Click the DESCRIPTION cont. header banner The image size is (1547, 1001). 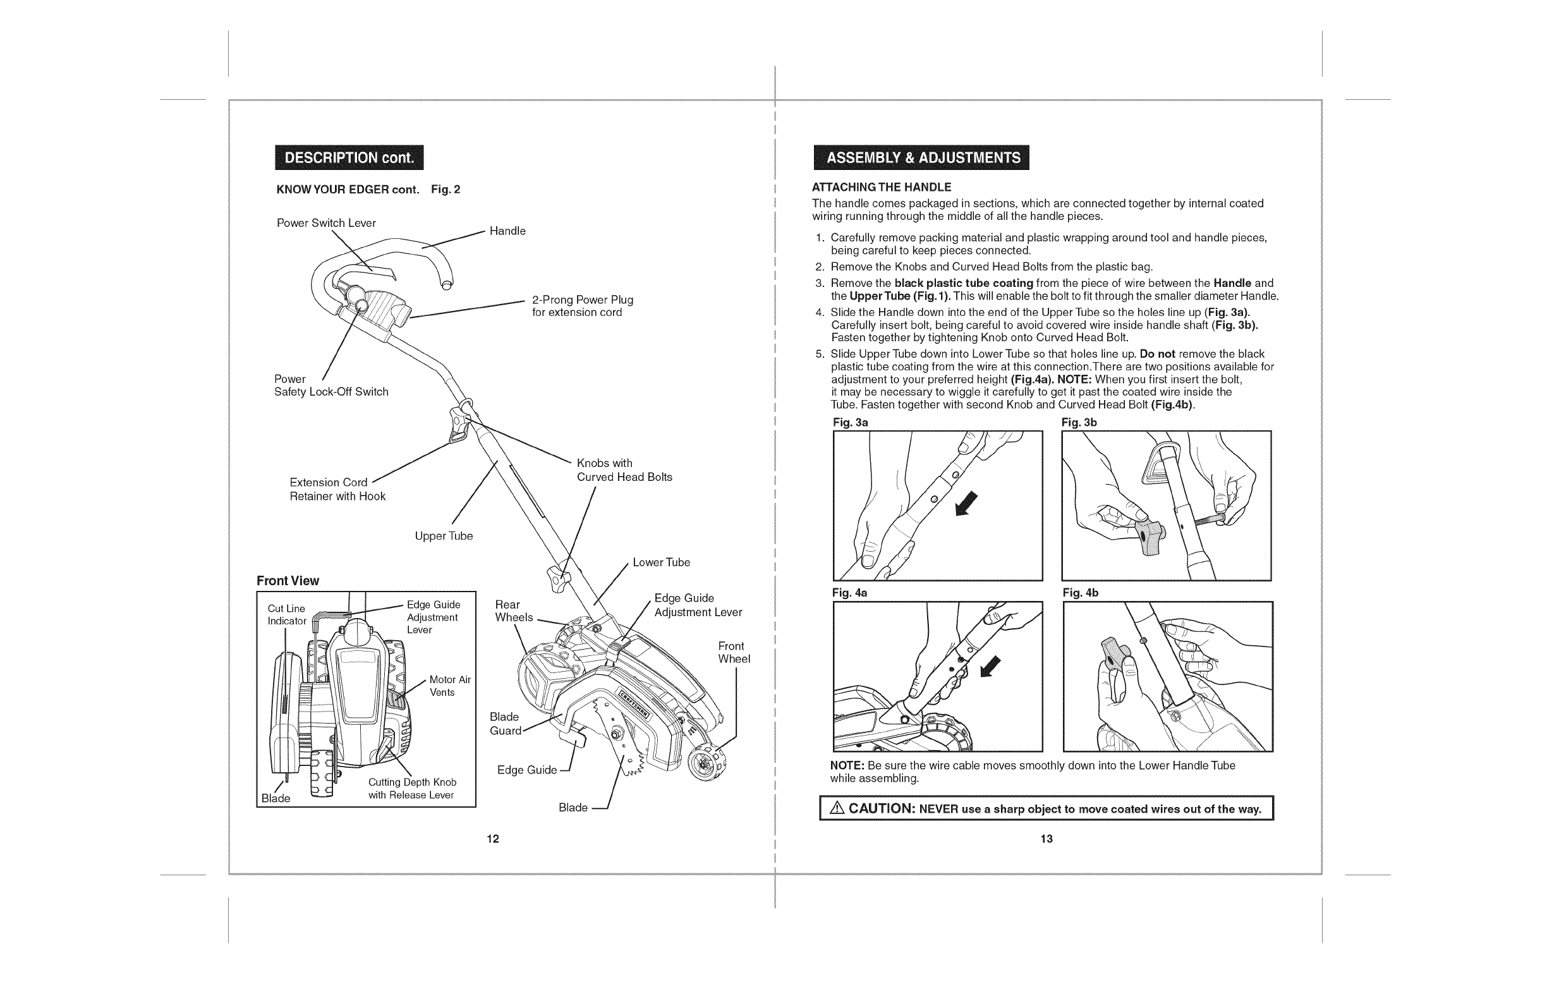click(349, 158)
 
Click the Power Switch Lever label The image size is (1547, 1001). click(326, 223)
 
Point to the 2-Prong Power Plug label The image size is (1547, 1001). click(582, 306)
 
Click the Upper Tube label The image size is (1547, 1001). click(444, 536)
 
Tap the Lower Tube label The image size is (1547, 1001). click(661, 562)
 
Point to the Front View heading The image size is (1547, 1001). click(288, 581)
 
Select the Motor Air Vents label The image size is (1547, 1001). click(449, 686)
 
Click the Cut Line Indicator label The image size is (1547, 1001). click(287, 614)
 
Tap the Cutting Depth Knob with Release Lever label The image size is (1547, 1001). click(412, 789)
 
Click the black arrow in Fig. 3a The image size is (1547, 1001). click(966, 504)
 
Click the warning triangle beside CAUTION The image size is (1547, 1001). click(837, 809)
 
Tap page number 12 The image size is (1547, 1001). click(493, 839)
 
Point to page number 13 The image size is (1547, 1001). click(1046, 839)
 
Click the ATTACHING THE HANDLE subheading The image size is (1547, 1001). click(882, 187)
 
